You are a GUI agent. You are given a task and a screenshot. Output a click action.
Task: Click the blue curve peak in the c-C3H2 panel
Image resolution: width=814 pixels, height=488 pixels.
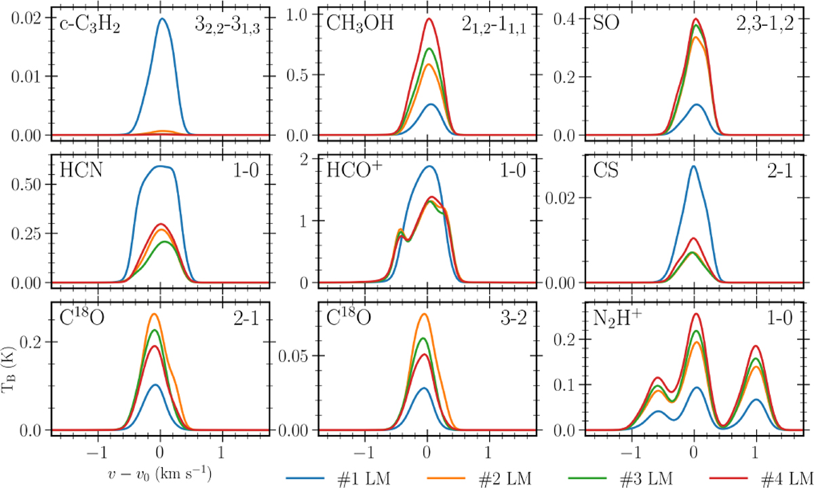point(162,19)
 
